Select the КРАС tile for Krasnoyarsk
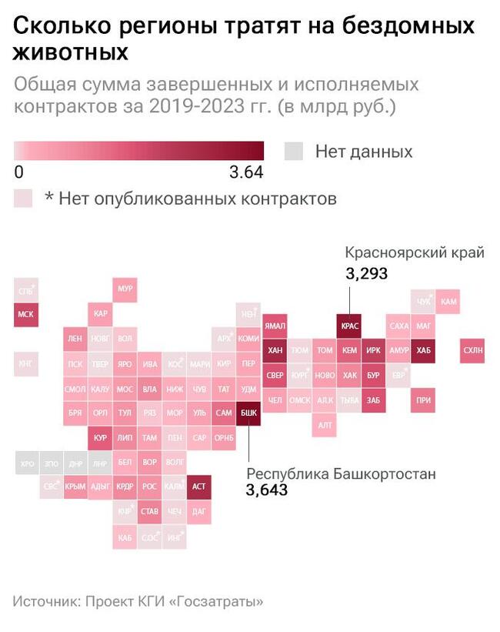[348, 326]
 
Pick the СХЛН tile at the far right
[472, 350]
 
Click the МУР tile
[125, 289]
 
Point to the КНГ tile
[26, 363]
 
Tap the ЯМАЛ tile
[275, 326]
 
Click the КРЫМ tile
[75, 487]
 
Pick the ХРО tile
[26, 463]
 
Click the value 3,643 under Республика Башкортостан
[267, 490]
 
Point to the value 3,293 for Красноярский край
[366, 273]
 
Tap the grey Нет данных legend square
[294, 151]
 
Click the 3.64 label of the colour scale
[246, 170]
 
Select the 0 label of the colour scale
[18, 170]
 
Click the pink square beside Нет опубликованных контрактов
[23, 198]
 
